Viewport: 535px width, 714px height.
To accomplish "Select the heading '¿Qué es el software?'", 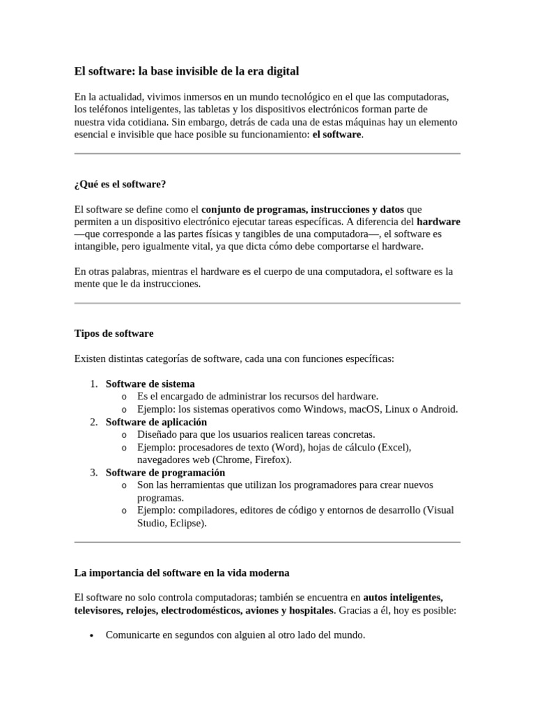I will click(x=120, y=184).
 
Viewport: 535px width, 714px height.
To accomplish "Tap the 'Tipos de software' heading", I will click(x=114, y=333).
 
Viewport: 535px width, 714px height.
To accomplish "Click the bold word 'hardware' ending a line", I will click(x=438, y=221).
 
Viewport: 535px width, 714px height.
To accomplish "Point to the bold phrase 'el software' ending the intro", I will click(x=337, y=134).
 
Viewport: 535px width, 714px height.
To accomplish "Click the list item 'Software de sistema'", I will click(x=150, y=383).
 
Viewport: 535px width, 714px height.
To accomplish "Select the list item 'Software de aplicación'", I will click(x=156, y=422).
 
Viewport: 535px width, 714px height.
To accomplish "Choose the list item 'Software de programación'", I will click(x=165, y=472).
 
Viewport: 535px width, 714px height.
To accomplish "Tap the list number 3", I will click(x=94, y=472).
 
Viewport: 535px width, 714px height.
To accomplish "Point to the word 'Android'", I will click(x=437, y=409).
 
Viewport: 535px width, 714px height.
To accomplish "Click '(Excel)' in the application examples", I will click(x=394, y=447).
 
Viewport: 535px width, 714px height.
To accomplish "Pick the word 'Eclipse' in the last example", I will click(x=186, y=522).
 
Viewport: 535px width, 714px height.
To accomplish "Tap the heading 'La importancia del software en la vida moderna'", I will click(x=181, y=572).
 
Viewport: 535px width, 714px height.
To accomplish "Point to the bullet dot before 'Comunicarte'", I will click(x=92, y=636).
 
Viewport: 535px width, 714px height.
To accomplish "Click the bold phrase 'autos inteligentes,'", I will click(x=403, y=598).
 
